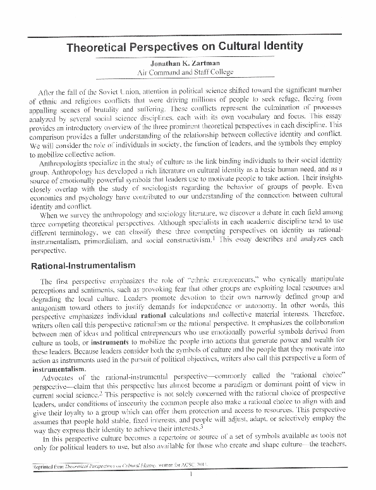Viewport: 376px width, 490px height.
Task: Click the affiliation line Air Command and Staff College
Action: tap(188, 73)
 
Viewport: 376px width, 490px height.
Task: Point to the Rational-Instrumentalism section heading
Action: tap(80, 267)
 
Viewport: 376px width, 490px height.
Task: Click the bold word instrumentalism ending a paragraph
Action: tap(61, 368)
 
